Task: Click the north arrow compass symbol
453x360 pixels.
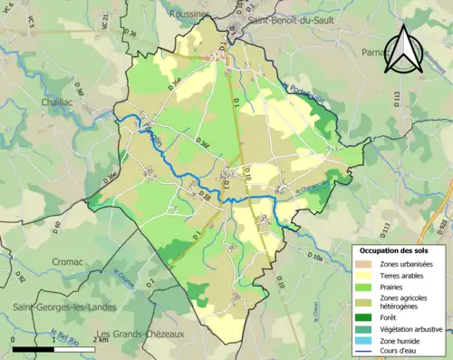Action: click(405, 50)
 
